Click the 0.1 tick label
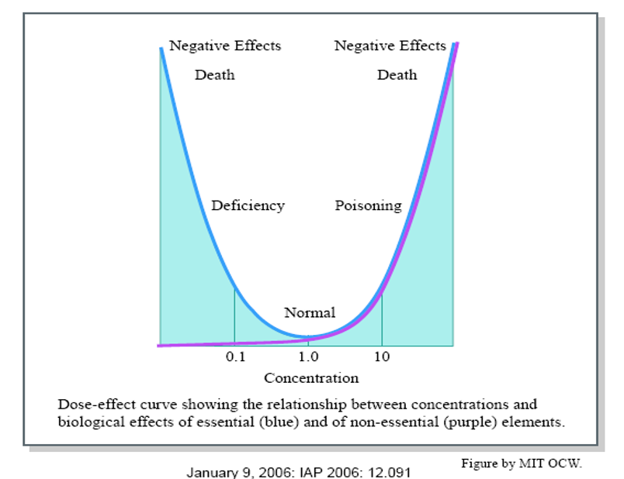point(234,357)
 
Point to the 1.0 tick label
point(308,357)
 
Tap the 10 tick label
point(382,357)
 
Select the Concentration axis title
point(311,378)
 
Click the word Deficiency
point(248,206)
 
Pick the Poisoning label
point(368,206)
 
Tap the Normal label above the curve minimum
point(310,313)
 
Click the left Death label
point(214,75)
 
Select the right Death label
point(397,75)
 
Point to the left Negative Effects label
point(225,46)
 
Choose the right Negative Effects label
point(390,46)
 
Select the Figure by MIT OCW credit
point(521,463)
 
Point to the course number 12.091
point(388,471)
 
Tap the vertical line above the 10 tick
point(382,318)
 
